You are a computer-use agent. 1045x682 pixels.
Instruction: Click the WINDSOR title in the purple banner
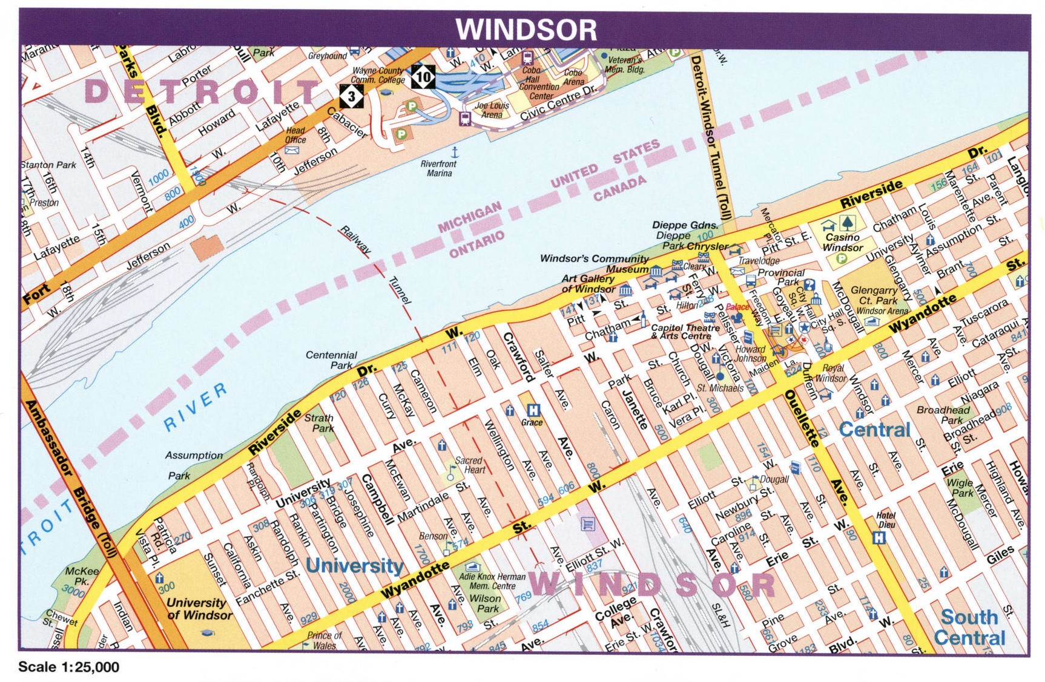coord(526,29)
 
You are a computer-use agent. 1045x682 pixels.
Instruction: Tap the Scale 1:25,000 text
coord(68,667)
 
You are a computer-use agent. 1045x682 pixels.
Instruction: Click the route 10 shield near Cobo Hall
coord(423,77)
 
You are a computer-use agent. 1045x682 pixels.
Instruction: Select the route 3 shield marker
coord(351,96)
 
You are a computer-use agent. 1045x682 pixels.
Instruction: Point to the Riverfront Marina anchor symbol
coord(454,151)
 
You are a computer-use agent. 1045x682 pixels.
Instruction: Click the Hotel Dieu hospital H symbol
coord(879,537)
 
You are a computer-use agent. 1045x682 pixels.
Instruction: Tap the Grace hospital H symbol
coord(533,410)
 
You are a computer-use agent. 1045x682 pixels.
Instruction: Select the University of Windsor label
coord(199,609)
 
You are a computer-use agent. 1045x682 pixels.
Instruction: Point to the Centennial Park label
coord(331,360)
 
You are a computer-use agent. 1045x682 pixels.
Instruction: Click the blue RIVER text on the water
coord(196,407)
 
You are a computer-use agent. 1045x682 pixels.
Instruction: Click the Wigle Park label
coord(960,488)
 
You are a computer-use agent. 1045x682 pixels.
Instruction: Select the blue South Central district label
coord(969,628)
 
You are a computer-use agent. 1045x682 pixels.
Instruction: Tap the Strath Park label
coord(319,422)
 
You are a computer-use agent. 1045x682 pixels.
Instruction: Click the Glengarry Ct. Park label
coord(874,295)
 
